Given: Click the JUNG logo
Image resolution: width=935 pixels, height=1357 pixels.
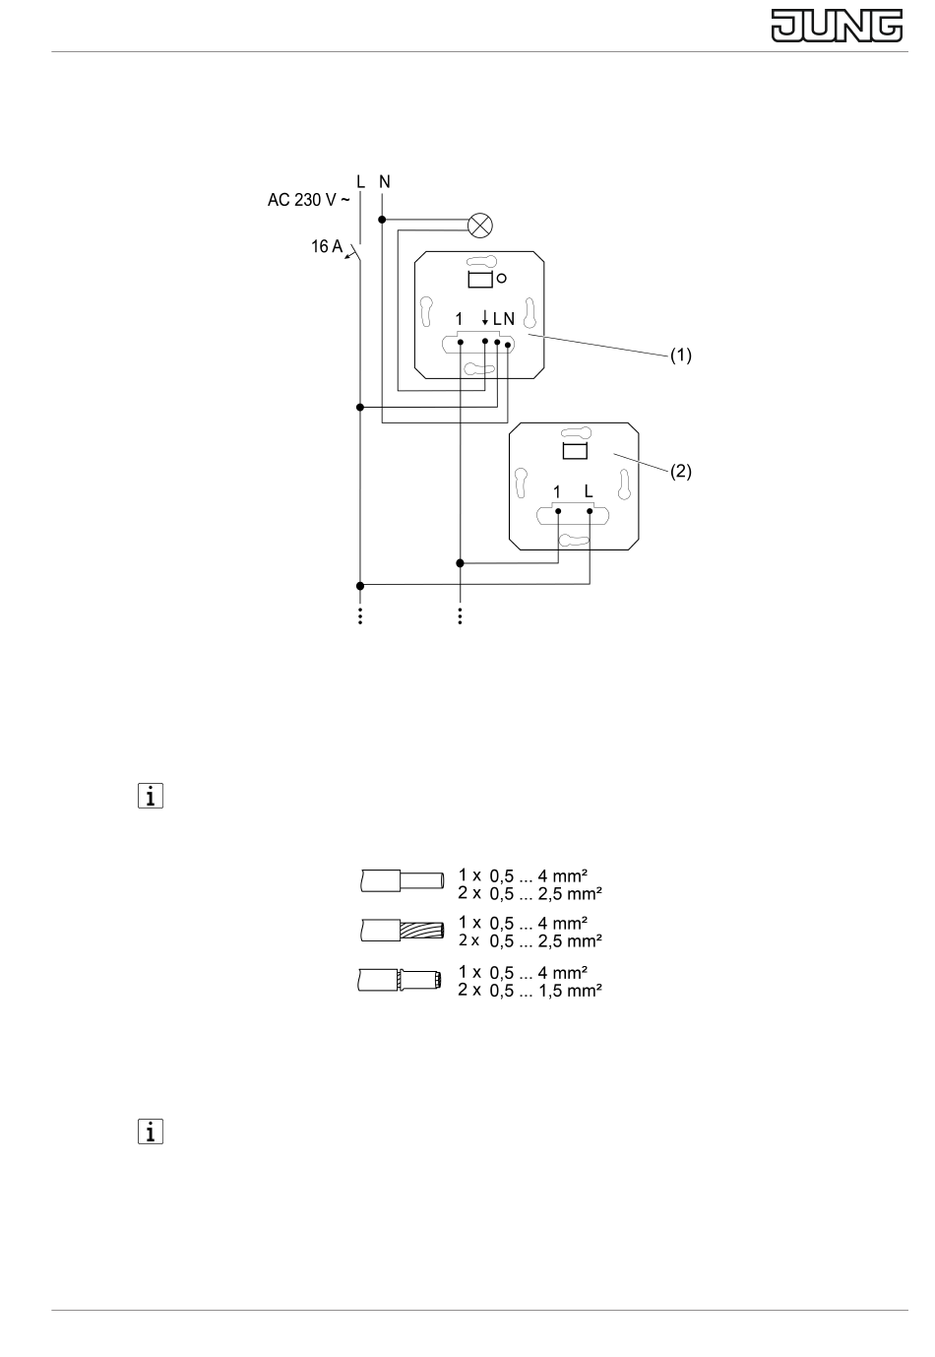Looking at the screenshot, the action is coord(837,26).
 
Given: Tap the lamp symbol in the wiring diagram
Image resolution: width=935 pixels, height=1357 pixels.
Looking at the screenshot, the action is coord(480,226).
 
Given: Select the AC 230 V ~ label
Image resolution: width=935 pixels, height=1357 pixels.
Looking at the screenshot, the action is coord(308,200).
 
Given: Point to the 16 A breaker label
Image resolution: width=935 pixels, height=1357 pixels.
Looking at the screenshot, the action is coord(327,246).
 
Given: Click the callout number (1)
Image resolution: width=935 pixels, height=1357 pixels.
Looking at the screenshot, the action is coord(681,355).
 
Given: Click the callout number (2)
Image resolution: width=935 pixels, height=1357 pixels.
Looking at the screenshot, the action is coord(681,472).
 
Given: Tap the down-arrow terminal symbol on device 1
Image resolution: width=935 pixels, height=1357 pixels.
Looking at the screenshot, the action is coord(484,317).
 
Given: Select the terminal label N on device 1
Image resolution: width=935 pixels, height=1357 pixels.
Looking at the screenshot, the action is coord(509,319).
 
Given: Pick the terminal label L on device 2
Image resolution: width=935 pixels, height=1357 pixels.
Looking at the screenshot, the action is coord(589,491).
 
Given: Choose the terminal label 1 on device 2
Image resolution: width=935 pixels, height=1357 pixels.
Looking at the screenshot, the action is coord(557,492).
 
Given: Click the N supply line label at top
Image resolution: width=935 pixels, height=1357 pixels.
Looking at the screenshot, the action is coord(385,182).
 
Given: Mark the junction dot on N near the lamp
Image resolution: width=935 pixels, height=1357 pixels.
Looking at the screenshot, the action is coord(382,220).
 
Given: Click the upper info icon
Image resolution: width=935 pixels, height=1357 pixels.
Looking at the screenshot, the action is coord(151,796).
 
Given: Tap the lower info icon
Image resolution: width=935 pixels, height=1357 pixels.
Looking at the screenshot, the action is coord(151,1131).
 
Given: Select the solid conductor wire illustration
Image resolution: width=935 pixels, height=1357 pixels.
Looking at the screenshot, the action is coord(403,880).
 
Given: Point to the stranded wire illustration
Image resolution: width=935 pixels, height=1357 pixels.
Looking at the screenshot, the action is coord(403,930).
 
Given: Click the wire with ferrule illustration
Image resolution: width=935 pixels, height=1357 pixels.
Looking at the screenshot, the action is coord(400,980).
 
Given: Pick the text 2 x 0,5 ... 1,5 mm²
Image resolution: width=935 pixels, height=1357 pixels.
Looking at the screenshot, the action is coord(530,990).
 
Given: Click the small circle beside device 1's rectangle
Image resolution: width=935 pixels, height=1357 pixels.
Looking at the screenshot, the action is coord(501,279).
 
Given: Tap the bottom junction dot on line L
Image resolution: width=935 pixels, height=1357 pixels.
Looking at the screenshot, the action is coord(360,586).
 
